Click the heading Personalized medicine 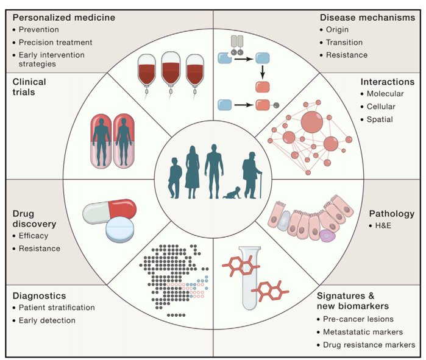(64, 18)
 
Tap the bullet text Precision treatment (55, 43)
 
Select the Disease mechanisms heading (367, 18)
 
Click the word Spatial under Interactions (380, 119)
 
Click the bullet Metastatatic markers (363, 332)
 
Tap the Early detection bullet (47, 320)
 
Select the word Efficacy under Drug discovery (34, 236)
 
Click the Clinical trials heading (29, 87)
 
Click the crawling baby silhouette (232, 192)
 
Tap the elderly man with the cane (252, 175)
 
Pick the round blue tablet (119, 229)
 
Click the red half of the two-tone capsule (122, 208)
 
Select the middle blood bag (171, 71)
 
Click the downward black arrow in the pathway (262, 72)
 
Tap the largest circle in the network (312, 122)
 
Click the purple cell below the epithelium (327, 236)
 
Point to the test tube (250, 278)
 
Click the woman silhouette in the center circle (193, 172)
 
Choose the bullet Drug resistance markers (369, 345)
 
